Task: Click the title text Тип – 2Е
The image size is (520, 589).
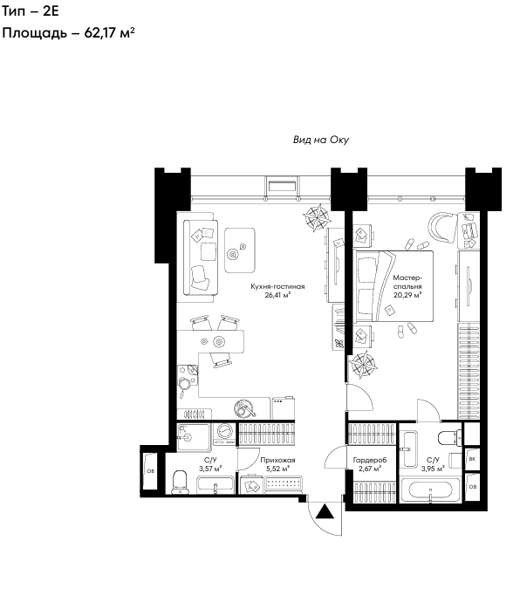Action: click(31, 11)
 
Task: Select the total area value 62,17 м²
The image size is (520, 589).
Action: click(109, 32)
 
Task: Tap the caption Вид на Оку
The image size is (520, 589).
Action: click(321, 140)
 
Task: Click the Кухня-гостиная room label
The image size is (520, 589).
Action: click(277, 286)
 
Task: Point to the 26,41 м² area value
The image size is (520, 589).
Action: click(277, 295)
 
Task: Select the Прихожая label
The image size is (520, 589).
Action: click(277, 460)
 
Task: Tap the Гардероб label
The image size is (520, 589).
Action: click(370, 460)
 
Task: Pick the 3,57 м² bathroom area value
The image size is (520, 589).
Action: click(210, 469)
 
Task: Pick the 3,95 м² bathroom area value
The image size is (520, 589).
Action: click(433, 469)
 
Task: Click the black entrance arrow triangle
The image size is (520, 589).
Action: click(325, 512)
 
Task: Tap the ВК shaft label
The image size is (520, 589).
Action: click(472, 459)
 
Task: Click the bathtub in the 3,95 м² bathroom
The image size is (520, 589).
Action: click(430, 490)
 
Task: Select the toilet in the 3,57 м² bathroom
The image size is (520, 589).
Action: click(180, 482)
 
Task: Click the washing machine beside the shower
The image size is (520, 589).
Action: click(225, 435)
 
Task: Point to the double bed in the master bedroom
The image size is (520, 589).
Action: click(393, 286)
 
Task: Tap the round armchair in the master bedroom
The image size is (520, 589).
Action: click(442, 227)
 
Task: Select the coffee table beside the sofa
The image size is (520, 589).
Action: click(240, 250)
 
